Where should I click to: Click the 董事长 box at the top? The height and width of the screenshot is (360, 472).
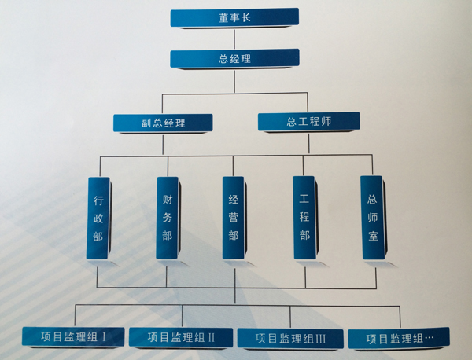[x=234, y=18]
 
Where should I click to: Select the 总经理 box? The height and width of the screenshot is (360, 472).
[x=234, y=58]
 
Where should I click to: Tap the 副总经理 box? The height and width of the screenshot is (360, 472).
[x=163, y=123]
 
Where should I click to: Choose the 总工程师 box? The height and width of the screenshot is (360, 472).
[x=308, y=122]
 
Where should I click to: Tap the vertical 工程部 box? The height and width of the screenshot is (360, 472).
[x=304, y=219]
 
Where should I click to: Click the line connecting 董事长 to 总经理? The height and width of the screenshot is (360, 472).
[x=235, y=39]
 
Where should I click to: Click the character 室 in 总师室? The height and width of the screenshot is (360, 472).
[x=372, y=235]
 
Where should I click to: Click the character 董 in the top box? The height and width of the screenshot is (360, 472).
[x=224, y=18]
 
